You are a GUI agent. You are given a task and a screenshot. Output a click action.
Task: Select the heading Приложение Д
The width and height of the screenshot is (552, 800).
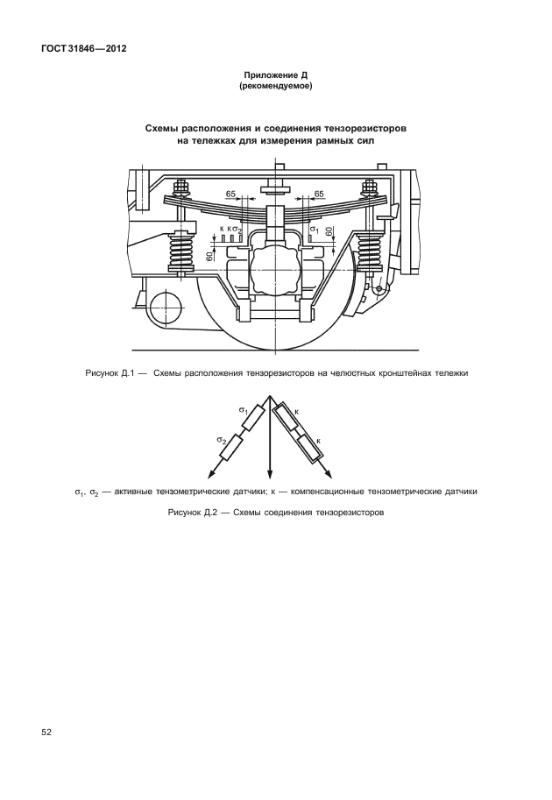(276, 76)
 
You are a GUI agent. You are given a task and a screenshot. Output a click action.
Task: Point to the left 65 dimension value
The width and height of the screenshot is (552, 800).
(231, 193)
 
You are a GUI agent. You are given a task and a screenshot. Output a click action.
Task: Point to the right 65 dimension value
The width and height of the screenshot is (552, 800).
(319, 193)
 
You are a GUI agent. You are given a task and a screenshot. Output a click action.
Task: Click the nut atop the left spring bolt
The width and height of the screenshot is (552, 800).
(183, 187)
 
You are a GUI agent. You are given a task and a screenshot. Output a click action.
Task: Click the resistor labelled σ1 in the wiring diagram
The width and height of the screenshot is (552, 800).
(254, 419)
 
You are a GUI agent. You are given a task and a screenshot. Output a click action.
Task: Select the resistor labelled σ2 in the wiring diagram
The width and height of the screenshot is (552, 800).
(231, 449)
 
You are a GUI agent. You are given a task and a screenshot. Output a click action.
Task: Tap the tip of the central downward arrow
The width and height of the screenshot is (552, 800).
(268, 474)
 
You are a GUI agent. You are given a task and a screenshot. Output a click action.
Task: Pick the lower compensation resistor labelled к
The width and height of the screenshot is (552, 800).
(309, 449)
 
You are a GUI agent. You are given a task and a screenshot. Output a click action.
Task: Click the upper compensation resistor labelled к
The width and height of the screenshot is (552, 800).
(288, 419)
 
